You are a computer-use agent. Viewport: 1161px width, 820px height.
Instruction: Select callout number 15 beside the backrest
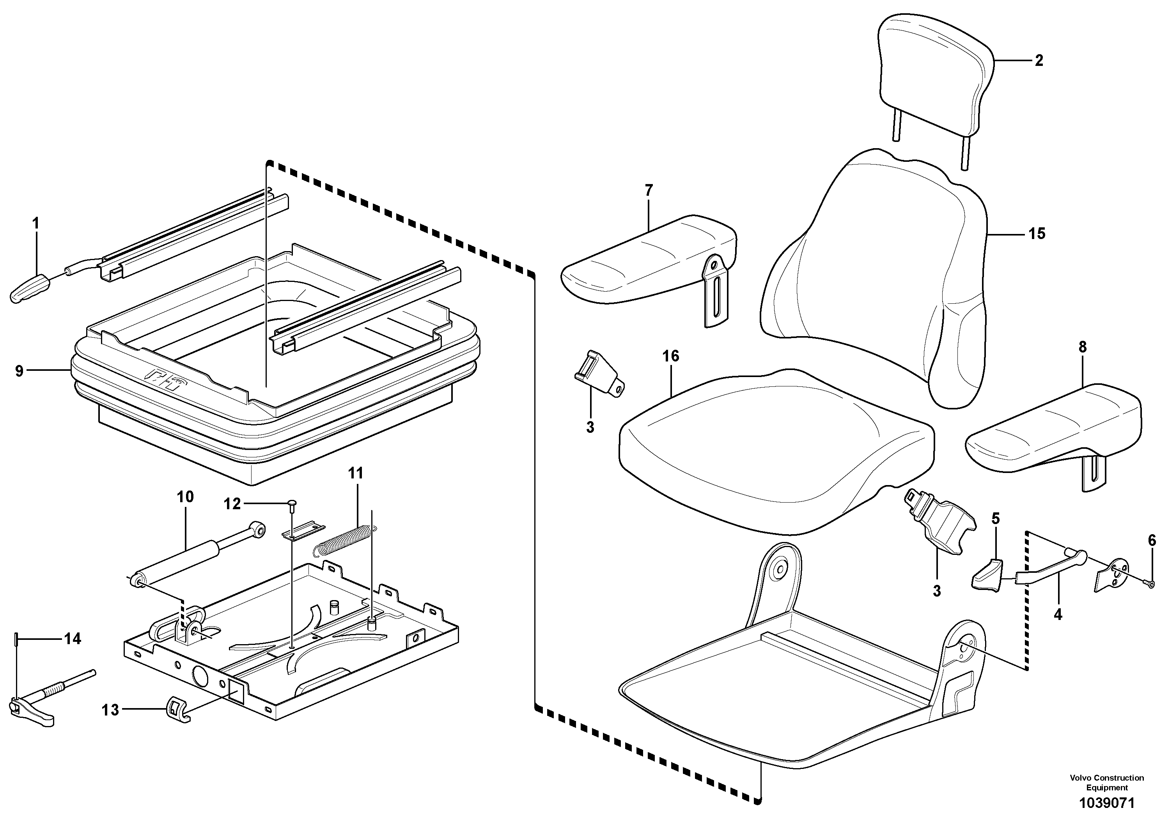[1037, 234]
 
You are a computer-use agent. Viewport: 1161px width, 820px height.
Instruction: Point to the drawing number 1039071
[1107, 803]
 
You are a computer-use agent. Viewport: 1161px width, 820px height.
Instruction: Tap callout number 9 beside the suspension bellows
[19, 372]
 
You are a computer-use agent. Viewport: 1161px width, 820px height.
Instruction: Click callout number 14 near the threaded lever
[72, 639]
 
